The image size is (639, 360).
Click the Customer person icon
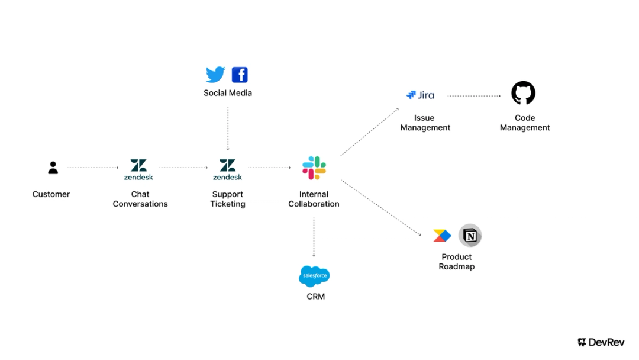53,168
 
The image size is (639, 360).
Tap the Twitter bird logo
215,75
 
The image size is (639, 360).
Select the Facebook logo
240,75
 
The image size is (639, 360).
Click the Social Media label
228,93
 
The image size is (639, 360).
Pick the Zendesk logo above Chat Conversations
138,169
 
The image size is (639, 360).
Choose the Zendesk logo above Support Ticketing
228,169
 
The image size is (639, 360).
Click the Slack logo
314,168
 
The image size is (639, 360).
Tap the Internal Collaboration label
314,199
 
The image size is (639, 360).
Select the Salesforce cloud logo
314,276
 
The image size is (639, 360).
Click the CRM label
315,297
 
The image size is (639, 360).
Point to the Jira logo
421,95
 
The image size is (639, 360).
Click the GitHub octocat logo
523,93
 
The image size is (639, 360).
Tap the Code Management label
525,123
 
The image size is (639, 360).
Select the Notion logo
470,236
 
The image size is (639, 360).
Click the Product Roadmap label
457,262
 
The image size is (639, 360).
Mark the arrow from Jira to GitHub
474,95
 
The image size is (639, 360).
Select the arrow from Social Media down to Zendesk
228,127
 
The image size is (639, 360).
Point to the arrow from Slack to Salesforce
314,237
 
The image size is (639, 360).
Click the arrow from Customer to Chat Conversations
93,168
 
